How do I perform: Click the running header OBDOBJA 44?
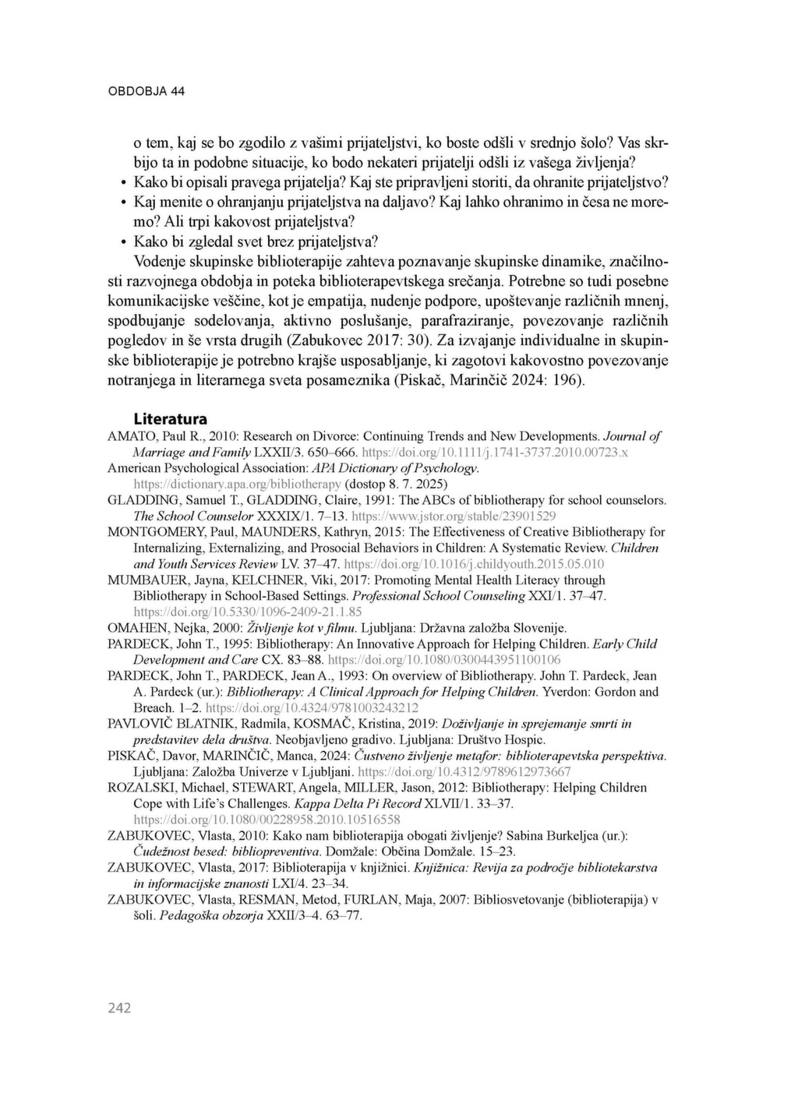[x=147, y=91]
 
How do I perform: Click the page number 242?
[x=119, y=1008]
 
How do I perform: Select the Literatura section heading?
[x=170, y=418]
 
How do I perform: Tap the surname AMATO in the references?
[x=128, y=436]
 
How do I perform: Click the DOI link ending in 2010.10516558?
[x=267, y=820]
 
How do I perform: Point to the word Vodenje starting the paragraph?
[x=161, y=260]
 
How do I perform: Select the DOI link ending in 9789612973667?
[x=464, y=772]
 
